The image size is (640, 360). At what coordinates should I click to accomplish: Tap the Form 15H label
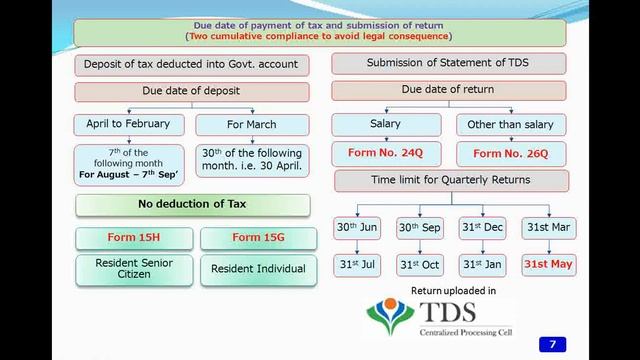(134, 238)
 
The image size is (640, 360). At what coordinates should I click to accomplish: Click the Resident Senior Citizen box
(134, 269)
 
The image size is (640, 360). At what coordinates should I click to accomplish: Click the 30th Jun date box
(357, 228)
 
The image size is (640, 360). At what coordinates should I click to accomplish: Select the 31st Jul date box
(357, 265)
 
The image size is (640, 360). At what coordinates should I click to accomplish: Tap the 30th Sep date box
(420, 228)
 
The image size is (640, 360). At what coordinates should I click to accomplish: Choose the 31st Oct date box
(420, 265)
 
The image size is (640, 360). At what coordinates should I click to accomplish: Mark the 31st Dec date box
(483, 228)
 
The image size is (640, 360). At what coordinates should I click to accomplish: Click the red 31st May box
(548, 265)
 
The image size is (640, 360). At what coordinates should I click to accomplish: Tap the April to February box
(128, 125)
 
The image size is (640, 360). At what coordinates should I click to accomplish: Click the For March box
(251, 125)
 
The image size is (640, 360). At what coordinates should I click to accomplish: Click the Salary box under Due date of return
(385, 125)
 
